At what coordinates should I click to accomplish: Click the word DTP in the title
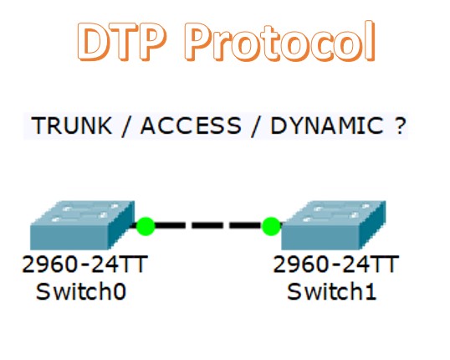(121, 41)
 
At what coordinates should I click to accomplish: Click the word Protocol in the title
(280, 41)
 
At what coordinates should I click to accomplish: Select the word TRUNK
(72, 126)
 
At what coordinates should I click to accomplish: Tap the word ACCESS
(191, 126)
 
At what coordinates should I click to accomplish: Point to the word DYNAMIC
(327, 126)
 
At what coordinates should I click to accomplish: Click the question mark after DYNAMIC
(400, 126)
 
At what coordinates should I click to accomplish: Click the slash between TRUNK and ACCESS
(125, 126)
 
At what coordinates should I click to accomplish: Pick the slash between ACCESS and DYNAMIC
(255, 126)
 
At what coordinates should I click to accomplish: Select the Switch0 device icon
(82, 225)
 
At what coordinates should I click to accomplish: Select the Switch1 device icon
(334, 225)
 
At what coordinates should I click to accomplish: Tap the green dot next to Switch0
(146, 226)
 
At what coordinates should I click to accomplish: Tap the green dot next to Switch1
(271, 226)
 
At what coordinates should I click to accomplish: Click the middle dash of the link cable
(207, 225)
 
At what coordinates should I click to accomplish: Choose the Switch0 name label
(81, 291)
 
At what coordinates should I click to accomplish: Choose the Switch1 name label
(332, 291)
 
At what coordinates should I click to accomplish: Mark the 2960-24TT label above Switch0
(85, 265)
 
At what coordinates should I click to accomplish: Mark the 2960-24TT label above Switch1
(335, 265)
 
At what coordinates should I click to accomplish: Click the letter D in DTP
(92, 42)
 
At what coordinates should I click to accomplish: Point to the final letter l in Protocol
(371, 41)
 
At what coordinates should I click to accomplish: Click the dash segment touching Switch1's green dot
(246, 225)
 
